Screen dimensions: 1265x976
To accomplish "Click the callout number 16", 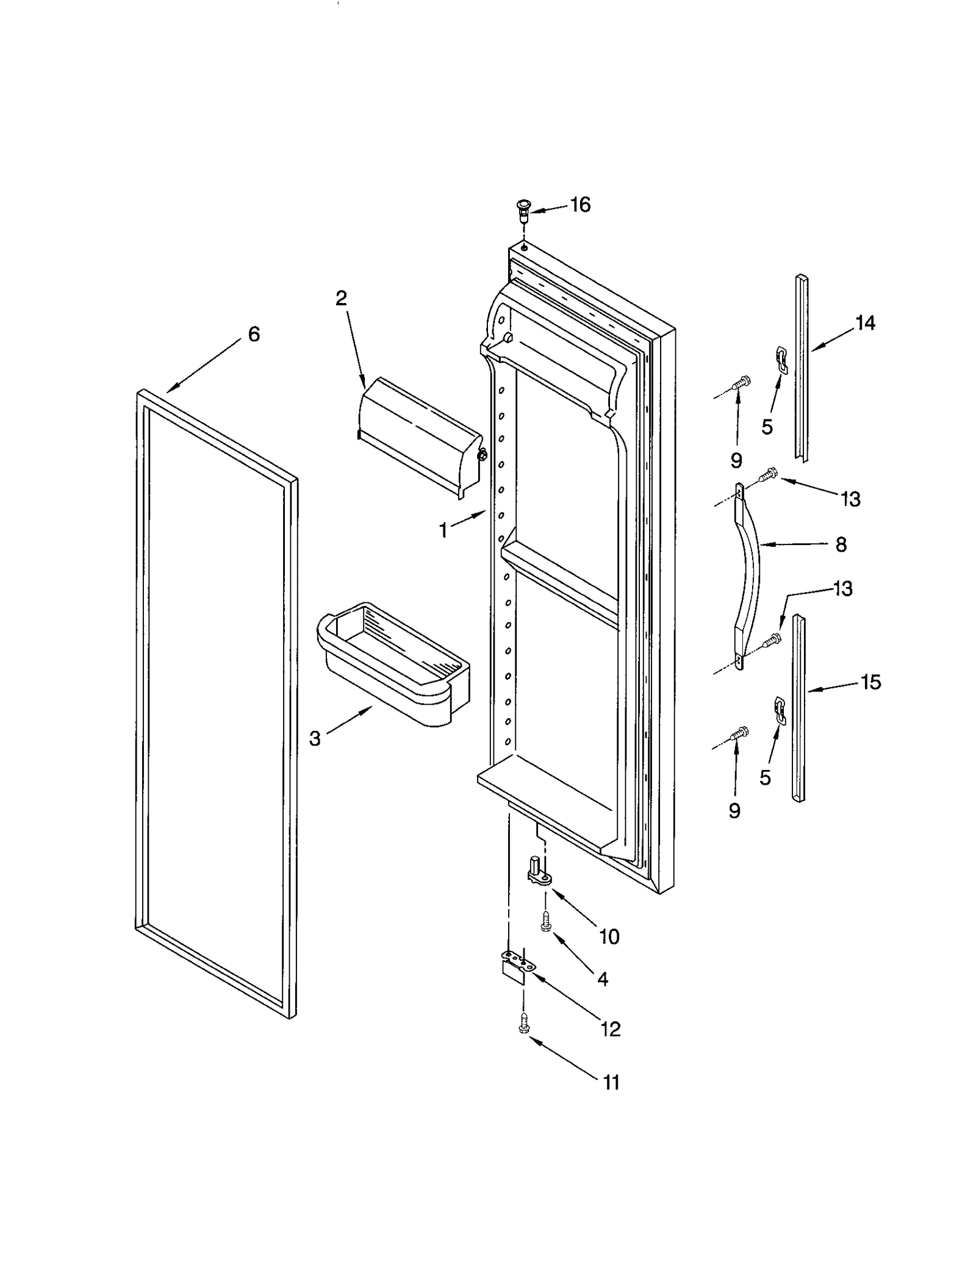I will [x=579, y=205].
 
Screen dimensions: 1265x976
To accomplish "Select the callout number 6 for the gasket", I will [x=254, y=334].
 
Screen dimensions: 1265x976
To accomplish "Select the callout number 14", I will [x=865, y=323].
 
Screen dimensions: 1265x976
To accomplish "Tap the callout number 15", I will [x=870, y=682].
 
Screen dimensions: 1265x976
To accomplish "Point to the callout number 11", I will [x=611, y=1083].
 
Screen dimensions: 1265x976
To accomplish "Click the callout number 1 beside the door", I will [x=443, y=530].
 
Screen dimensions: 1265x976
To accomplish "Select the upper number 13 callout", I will [x=850, y=499].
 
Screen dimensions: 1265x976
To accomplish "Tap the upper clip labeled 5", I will [x=781, y=358].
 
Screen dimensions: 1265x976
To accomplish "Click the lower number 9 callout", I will [x=734, y=810].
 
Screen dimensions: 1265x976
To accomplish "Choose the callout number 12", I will [x=611, y=1029].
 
